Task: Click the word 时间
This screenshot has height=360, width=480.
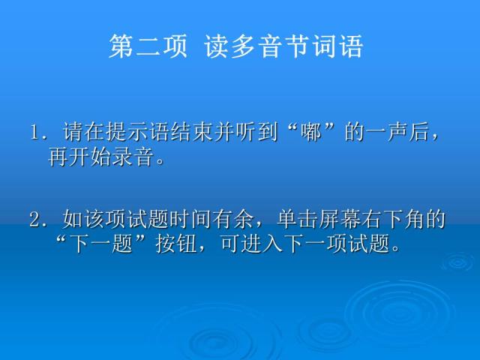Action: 189,220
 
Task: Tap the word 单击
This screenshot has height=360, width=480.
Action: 295,220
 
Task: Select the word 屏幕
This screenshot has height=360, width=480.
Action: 331,220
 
